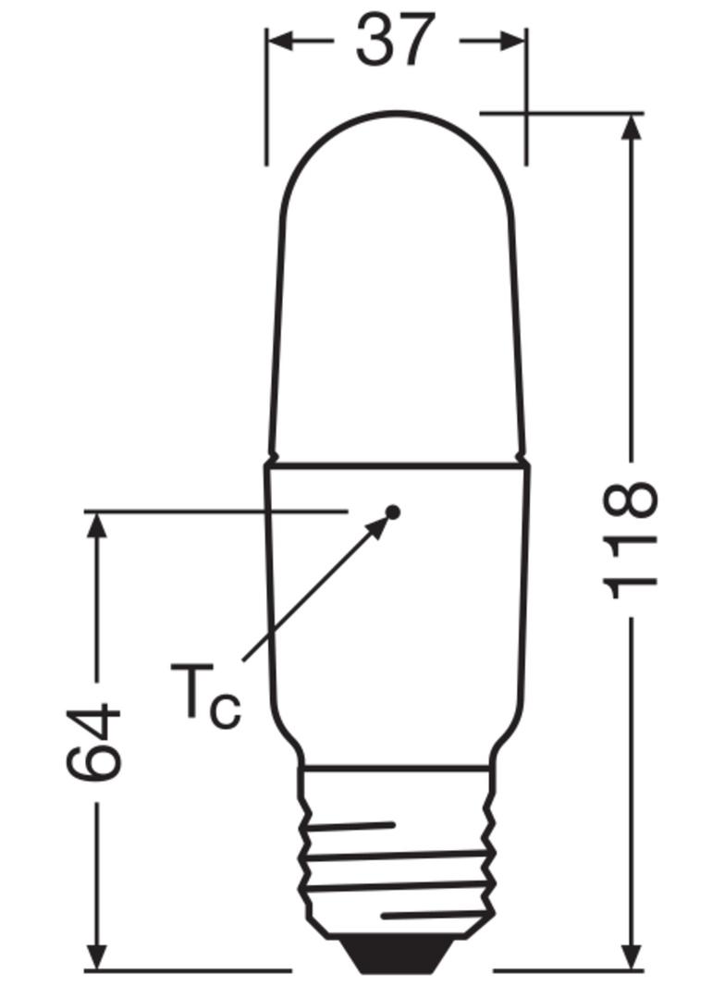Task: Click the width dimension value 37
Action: pos(395,40)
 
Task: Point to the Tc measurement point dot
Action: pos(393,511)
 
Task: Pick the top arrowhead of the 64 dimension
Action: pos(96,524)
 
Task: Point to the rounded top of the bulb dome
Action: pos(397,116)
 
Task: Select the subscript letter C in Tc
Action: pos(225,710)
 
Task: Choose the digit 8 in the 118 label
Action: pos(632,500)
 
